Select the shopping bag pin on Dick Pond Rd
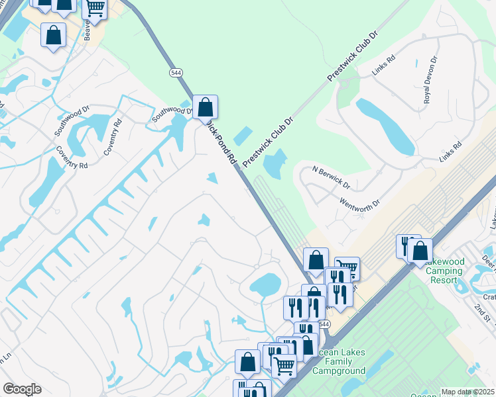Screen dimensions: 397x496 206,107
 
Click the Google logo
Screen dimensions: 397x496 22,389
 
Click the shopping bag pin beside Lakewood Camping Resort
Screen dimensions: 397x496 420,251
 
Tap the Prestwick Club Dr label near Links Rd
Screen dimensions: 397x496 351,56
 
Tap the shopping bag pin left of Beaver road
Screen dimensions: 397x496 53,35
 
